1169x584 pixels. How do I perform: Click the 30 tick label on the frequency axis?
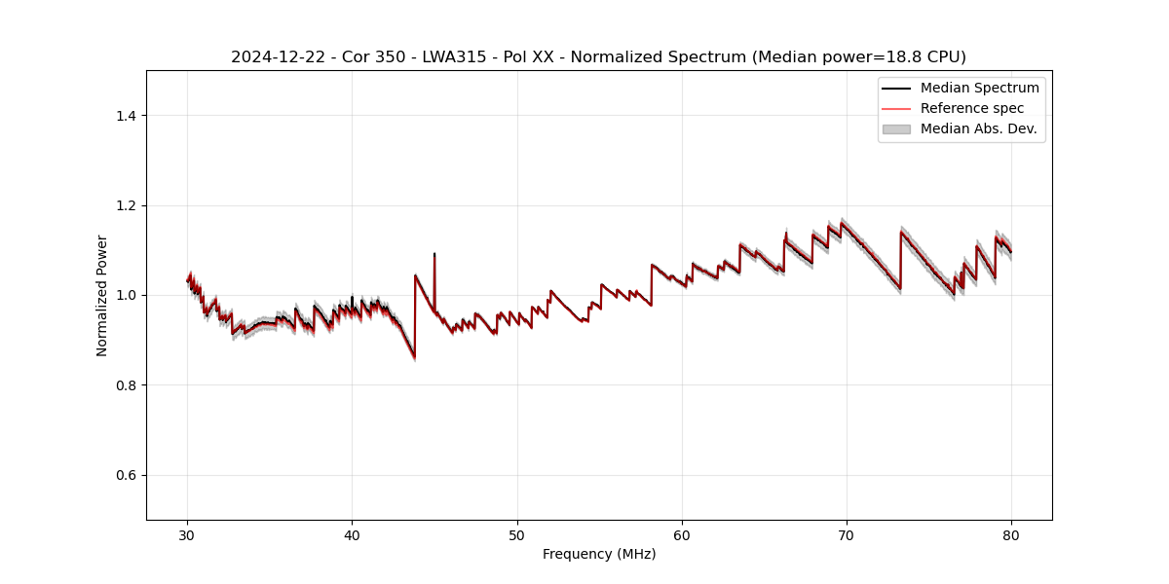tap(188, 535)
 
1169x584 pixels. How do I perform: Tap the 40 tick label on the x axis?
tap(353, 535)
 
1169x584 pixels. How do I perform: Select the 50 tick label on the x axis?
tap(517, 535)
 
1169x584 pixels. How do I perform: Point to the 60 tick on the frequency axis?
tap(682, 535)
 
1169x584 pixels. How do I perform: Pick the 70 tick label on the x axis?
tap(847, 535)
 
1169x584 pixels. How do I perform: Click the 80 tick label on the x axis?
tap(1011, 535)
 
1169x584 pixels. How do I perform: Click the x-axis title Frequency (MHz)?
tap(599, 554)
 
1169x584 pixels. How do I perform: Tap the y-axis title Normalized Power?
tap(102, 295)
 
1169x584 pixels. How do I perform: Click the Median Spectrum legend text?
tap(979, 88)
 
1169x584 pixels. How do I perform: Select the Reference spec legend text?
tap(972, 108)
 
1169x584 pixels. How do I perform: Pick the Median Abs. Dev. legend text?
tap(978, 128)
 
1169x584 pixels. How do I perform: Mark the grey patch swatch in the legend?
tap(896, 128)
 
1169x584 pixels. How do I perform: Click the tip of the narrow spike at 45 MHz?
tap(434, 254)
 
